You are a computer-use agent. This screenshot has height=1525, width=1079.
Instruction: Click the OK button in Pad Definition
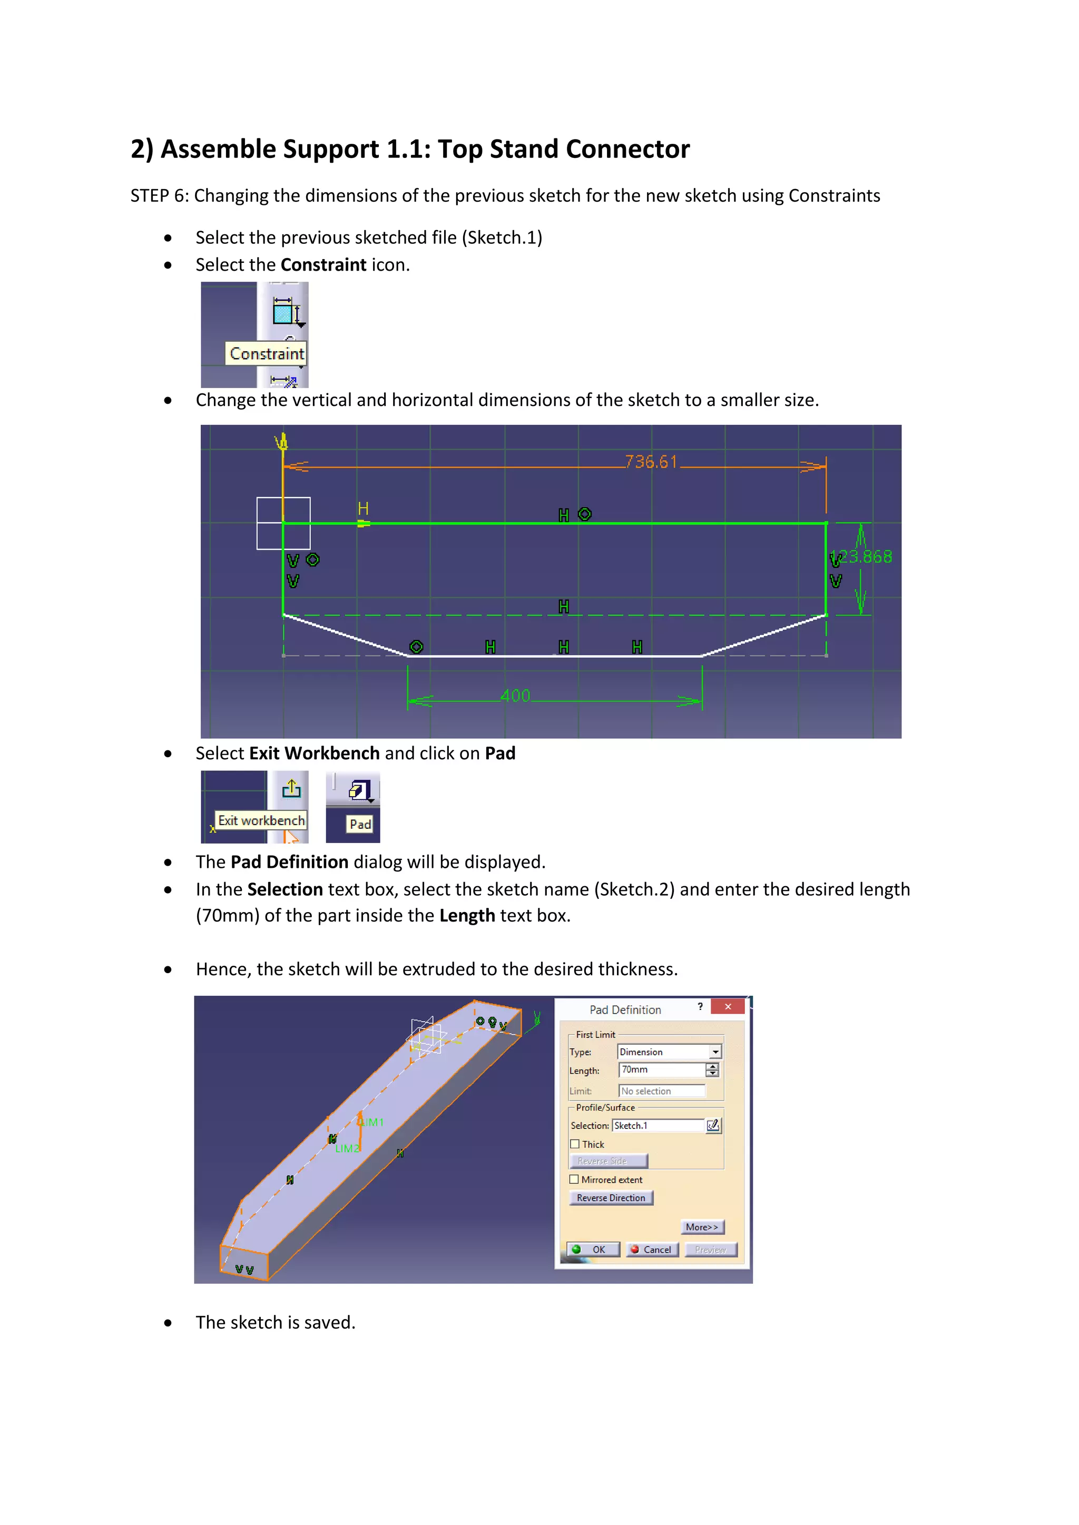(593, 1250)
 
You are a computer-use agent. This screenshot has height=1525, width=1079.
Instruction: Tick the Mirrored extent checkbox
(574, 1180)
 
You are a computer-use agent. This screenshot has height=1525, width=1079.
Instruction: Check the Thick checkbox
(575, 1144)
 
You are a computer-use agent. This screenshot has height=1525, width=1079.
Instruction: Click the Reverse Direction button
(611, 1197)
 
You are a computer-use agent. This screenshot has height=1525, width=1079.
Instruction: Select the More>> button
(702, 1227)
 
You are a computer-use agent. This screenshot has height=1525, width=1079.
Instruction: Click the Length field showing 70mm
(661, 1070)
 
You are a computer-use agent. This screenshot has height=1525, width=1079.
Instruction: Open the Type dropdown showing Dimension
(715, 1052)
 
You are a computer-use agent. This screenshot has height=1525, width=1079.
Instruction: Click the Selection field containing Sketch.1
(657, 1125)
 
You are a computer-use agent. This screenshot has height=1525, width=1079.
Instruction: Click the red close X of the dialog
(728, 1006)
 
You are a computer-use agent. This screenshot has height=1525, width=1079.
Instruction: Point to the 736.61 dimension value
(651, 462)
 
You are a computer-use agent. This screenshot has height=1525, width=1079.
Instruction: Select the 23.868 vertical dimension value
(865, 557)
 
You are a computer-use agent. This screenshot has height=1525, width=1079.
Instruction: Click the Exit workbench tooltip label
(261, 820)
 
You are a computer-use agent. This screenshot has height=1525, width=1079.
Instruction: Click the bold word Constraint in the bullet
(323, 264)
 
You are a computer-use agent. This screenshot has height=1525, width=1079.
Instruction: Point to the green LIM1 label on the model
(372, 1122)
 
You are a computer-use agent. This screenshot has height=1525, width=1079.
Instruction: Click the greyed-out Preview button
(710, 1250)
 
